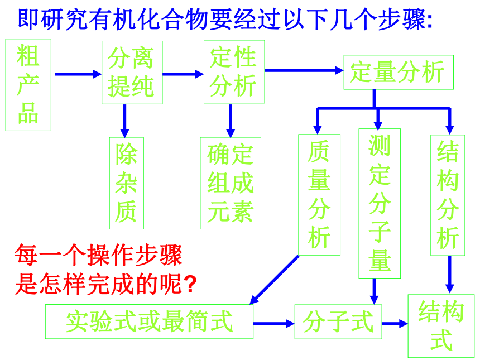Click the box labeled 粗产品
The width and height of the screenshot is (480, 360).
(x=28, y=85)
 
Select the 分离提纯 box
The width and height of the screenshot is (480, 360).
(x=132, y=73)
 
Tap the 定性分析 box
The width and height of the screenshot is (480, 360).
(x=234, y=71)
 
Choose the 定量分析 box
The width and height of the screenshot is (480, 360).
(x=399, y=72)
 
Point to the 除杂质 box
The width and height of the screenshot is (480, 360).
(x=127, y=183)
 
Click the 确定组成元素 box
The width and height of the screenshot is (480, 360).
(x=231, y=183)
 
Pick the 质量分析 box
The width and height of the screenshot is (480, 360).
(x=319, y=195)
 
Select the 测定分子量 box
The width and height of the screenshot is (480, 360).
(x=380, y=204)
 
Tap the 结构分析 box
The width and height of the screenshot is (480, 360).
(x=448, y=195)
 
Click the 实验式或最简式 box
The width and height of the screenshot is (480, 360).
(x=149, y=321)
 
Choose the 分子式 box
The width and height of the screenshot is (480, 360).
(x=338, y=321)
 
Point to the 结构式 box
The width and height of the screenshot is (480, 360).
(x=441, y=326)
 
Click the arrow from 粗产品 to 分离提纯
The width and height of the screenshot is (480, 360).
(x=78, y=74)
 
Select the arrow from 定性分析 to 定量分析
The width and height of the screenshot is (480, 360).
(x=304, y=70)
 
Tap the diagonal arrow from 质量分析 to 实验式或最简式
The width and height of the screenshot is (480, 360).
(x=274, y=280)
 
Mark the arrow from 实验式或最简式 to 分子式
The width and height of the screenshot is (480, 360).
(x=274, y=324)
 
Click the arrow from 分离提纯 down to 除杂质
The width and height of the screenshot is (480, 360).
(x=124, y=121)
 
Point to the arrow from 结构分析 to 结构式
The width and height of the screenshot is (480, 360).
(x=449, y=275)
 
